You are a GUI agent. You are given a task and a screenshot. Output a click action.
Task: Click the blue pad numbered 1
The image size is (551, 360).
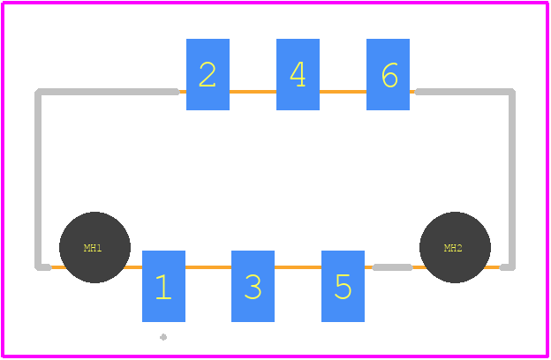pyautogui.click(x=163, y=286)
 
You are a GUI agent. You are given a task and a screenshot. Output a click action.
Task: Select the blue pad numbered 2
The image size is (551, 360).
pyautogui.click(x=208, y=74)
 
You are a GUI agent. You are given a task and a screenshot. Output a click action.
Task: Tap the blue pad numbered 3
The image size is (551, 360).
pyautogui.click(x=253, y=286)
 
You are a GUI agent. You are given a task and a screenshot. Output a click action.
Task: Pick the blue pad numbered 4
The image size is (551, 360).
pyautogui.click(x=298, y=74)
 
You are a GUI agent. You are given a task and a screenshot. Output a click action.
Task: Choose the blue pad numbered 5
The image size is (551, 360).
pyautogui.click(x=343, y=286)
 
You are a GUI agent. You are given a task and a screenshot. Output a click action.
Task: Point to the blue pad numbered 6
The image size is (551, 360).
pyautogui.click(x=388, y=74)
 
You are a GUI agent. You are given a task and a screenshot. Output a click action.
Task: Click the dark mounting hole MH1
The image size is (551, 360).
pyautogui.click(x=94, y=247)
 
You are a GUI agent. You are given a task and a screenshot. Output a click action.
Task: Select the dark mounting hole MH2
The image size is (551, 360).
pyautogui.click(x=455, y=247)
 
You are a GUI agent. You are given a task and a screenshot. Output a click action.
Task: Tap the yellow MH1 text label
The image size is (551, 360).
pyautogui.click(x=93, y=248)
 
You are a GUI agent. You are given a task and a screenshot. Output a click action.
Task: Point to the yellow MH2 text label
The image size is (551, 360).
pyautogui.click(x=453, y=248)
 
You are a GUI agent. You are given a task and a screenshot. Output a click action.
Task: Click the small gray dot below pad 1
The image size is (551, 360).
pyautogui.click(x=163, y=337)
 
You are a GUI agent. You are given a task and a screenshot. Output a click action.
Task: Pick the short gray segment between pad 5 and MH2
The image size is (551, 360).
pyautogui.click(x=392, y=267)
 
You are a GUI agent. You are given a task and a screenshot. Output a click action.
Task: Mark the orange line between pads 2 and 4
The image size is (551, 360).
pyautogui.click(x=253, y=92)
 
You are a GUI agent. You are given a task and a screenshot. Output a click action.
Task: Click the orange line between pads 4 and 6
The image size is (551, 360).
pyautogui.click(x=343, y=92)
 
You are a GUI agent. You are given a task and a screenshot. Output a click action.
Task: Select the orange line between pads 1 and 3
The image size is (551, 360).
pyautogui.click(x=208, y=267)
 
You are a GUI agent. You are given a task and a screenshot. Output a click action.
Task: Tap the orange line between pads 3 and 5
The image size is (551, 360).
pyautogui.click(x=298, y=267)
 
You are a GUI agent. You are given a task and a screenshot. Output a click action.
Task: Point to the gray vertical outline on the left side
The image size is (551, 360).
pyautogui.click(x=38, y=179)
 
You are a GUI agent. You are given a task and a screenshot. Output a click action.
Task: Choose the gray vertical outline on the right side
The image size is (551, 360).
pyautogui.click(x=512, y=179)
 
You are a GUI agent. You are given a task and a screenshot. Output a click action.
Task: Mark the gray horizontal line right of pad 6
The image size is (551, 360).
pyautogui.click(x=464, y=92)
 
